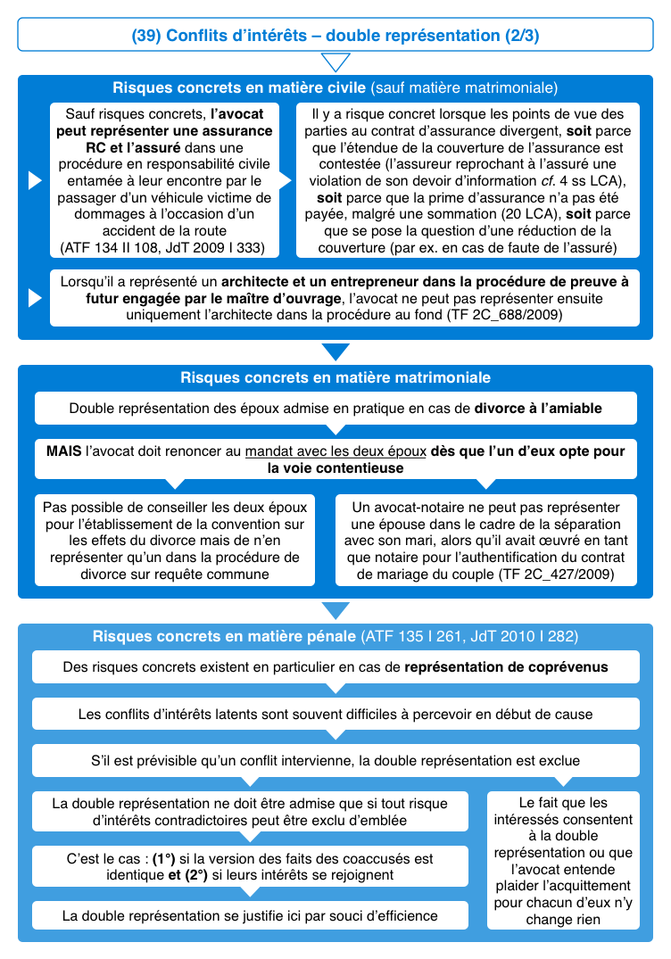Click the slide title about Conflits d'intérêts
[x=335, y=36]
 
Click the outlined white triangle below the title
[x=335, y=62]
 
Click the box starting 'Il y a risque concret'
[x=468, y=180]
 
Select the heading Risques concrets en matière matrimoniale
[x=335, y=377]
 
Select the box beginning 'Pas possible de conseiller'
[x=175, y=541]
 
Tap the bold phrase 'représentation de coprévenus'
[x=507, y=667]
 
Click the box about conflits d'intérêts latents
[x=335, y=715]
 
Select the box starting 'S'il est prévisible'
[x=335, y=761]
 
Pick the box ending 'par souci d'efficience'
[x=250, y=915]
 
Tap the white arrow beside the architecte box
[x=35, y=298]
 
